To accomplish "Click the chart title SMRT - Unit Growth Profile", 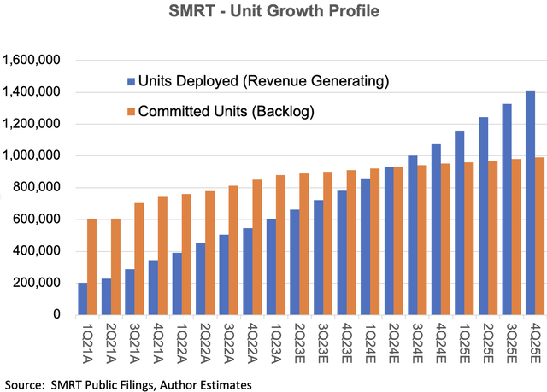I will tap(273, 15).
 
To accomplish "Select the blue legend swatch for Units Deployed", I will tap(131, 81).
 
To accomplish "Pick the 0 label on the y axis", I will tap(56, 314).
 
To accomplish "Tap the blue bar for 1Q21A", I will tap(83, 298).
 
